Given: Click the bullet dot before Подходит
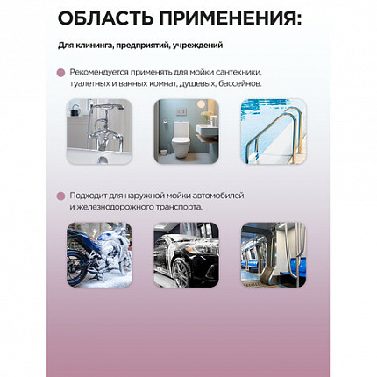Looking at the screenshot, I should tap(60, 196).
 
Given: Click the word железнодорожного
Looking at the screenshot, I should tap(111, 208).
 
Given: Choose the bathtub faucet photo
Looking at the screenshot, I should tap(99, 132).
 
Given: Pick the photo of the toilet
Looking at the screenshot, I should tap(187, 132).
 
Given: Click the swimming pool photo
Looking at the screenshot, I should tap(274, 132).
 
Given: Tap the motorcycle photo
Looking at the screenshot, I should tap(99, 255).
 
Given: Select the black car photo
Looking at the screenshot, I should tap(187, 255).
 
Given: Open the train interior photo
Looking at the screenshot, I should tap(274, 255).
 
